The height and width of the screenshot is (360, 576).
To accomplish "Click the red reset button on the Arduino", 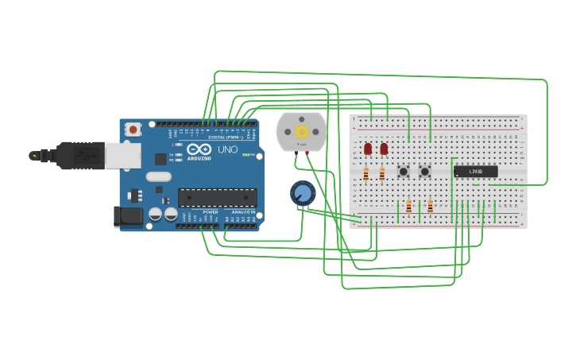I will (x=133, y=129).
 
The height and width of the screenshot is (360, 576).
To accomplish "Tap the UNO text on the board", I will (x=227, y=149).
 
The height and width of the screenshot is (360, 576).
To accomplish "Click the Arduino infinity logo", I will (x=199, y=149).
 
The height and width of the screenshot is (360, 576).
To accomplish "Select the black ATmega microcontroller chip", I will (x=217, y=198).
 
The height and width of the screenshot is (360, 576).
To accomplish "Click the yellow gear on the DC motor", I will (x=301, y=131).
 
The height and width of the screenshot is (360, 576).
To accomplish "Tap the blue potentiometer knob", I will (x=302, y=193).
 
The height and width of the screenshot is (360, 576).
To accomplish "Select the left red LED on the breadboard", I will (x=368, y=149).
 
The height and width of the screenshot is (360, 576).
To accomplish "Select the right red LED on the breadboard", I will (x=384, y=149).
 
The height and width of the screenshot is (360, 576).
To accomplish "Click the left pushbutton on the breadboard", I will (x=403, y=172).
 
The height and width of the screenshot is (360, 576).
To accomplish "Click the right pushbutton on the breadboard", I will (x=424, y=172).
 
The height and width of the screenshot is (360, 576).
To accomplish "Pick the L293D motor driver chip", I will (x=475, y=172).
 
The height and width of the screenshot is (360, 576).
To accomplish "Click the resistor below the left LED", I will (x=365, y=174).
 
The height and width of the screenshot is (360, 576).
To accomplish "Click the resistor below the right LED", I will (x=381, y=174).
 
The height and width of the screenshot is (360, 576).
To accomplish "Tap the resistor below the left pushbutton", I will (x=408, y=207).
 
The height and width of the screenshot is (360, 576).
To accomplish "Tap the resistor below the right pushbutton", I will (x=430, y=207).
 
